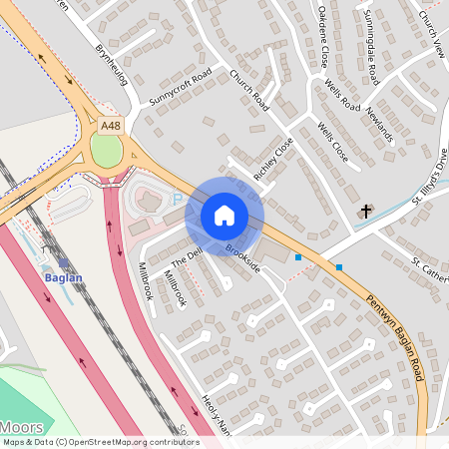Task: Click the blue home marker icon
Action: pyautogui.click(x=224, y=215)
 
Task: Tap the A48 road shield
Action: pyautogui.click(x=112, y=127)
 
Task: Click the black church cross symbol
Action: pyautogui.click(x=366, y=212)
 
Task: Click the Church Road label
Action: pyautogui.click(x=249, y=89)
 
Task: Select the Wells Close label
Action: pyautogui.click(x=332, y=143)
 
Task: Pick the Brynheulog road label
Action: pyautogui.click(x=113, y=63)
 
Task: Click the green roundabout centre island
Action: pyautogui.click(x=106, y=151)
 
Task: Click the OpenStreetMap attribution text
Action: pyautogui.click(x=101, y=442)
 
